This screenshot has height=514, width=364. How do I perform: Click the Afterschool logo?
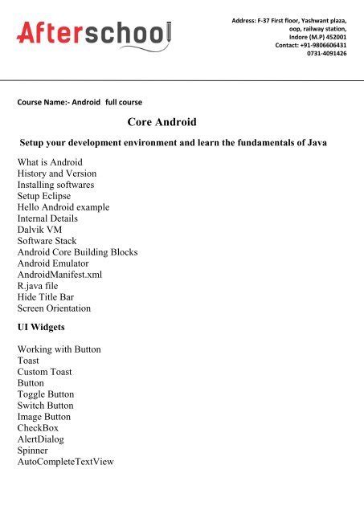click(x=95, y=34)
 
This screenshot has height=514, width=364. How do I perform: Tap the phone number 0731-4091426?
click(x=327, y=53)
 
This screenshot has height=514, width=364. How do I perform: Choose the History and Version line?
click(x=57, y=173)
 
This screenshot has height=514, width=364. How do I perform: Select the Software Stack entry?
click(x=50, y=240)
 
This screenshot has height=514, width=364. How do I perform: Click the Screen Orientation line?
click(x=54, y=308)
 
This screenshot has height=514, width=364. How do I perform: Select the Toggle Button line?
click(x=46, y=394)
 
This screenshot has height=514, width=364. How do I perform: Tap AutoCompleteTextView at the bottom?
click(x=66, y=462)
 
